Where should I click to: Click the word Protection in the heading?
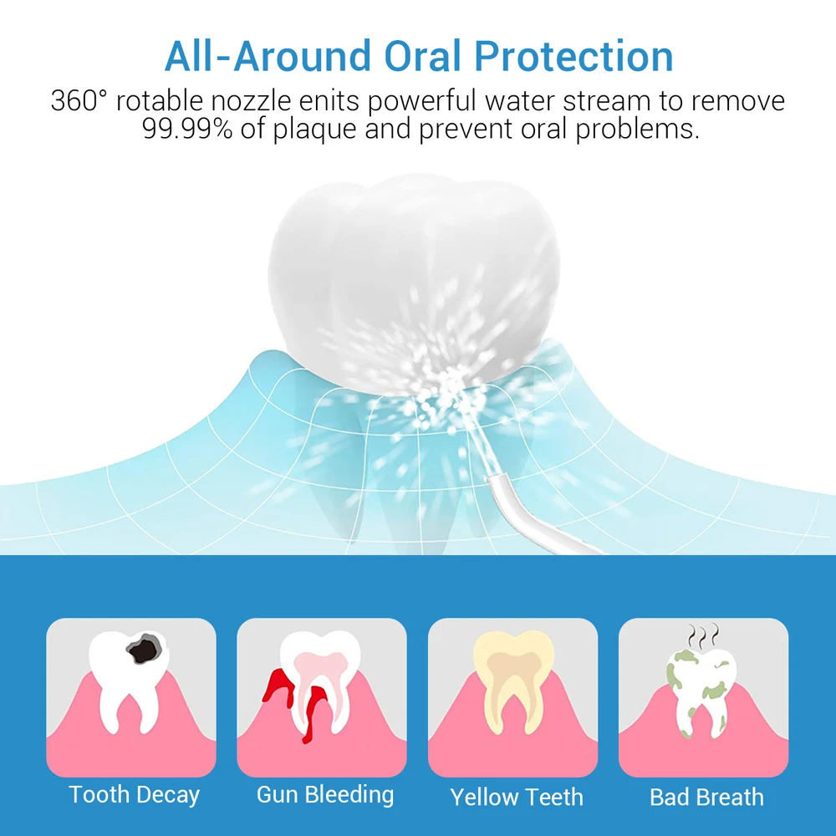point(573,56)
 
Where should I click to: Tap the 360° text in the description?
point(79,100)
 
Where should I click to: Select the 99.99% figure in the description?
point(187,129)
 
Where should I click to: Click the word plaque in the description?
point(314,130)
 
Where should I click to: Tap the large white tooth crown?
point(415,283)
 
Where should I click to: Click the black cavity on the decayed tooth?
point(144,649)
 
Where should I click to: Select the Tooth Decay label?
point(134,794)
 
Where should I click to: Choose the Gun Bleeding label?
point(324,794)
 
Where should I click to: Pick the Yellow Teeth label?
point(516,797)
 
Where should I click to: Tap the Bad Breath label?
point(706,797)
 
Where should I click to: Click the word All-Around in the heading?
point(268,56)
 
